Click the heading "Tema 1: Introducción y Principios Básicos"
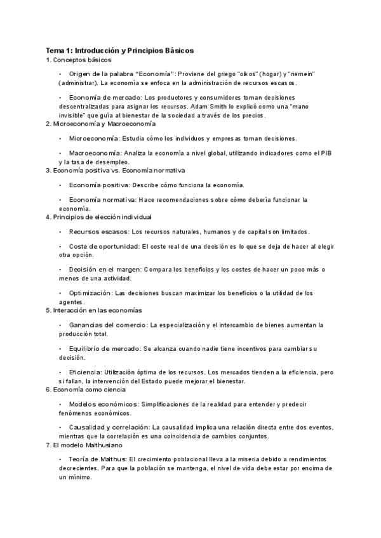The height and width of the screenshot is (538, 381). [119, 49]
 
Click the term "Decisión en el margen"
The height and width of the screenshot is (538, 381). [104, 270]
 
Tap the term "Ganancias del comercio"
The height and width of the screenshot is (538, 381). [108, 325]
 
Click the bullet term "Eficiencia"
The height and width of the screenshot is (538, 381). [87, 372]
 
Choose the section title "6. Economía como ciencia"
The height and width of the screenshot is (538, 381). [83, 389]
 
